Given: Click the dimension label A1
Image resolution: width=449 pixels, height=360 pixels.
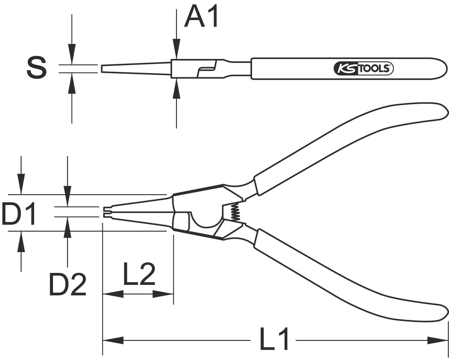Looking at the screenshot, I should coord(201,17).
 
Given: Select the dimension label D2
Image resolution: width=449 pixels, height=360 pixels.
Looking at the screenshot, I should coord(68,284).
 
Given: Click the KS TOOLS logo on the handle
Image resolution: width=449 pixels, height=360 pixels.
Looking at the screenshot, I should coord(363,69).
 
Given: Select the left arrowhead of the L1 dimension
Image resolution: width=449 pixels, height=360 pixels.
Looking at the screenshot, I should coord(113,340).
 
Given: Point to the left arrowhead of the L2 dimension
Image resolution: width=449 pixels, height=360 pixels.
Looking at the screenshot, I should coord(113,294).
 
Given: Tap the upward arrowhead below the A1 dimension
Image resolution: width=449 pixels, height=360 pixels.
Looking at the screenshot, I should coord(177,89).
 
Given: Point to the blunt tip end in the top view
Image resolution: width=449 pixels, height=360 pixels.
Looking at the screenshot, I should coord(102,69).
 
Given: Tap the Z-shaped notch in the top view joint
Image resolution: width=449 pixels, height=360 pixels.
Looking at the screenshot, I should coord(207,69).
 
